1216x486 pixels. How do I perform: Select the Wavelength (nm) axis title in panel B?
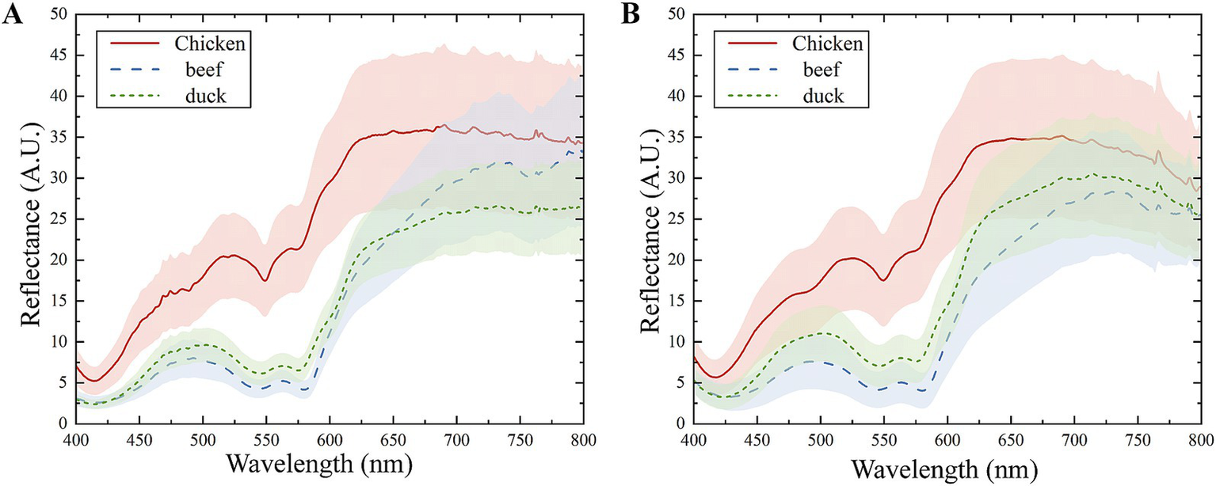point(948,466)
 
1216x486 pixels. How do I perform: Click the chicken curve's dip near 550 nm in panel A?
point(265,279)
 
